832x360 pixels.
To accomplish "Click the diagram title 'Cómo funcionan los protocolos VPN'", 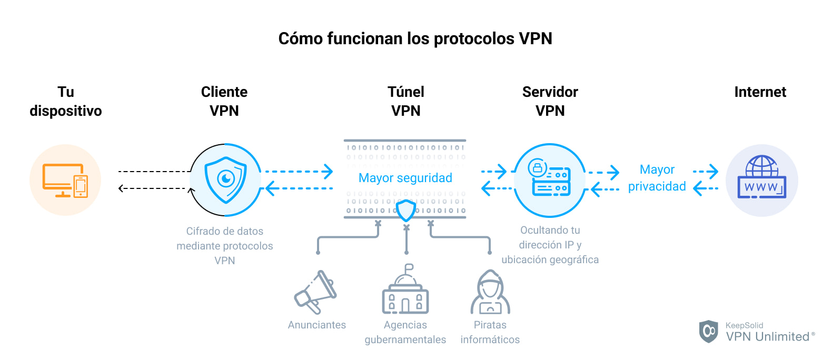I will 415,38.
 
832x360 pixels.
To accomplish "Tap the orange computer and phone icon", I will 65,180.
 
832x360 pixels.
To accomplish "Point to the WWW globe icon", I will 761,178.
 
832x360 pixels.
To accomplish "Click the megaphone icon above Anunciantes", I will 316,292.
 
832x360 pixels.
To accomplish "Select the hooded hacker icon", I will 490,292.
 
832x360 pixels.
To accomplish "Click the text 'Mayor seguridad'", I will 405,178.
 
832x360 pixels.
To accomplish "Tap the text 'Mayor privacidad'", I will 657,178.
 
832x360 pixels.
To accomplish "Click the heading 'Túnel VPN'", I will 405,101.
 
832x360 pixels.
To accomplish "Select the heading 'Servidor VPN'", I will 550,101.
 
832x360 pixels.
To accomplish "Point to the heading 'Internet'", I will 760,92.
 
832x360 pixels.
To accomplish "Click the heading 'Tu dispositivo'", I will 66,101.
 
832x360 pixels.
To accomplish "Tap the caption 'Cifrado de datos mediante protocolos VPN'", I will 225,246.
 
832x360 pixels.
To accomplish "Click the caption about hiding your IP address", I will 550,245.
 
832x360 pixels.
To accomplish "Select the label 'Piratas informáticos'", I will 490,332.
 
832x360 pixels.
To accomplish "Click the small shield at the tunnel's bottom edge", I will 405,211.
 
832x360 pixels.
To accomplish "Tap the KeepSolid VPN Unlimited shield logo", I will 708,331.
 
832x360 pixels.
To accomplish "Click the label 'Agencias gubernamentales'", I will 405,332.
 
